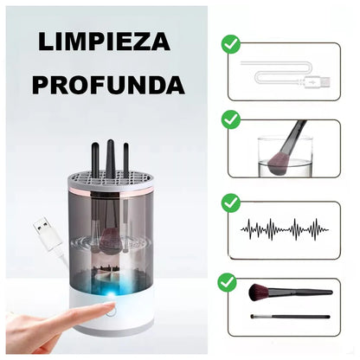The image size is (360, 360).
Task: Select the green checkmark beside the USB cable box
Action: point(230,43)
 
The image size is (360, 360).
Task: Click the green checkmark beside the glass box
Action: point(230,119)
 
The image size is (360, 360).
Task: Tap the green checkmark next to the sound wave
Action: point(230,202)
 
